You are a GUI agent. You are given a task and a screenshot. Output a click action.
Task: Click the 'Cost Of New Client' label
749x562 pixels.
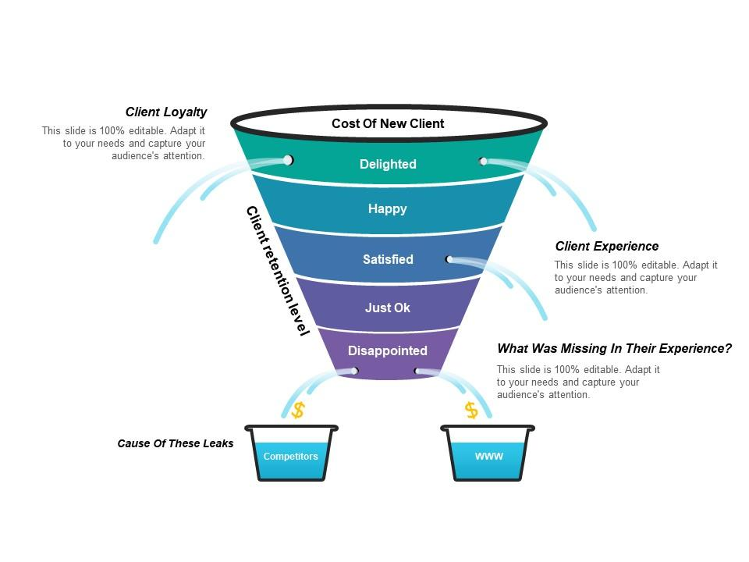tap(388, 123)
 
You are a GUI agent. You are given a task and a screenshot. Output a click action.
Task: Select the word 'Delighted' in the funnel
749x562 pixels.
tap(388, 164)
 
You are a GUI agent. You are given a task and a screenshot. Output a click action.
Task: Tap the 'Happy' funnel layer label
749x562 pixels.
tap(388, 209)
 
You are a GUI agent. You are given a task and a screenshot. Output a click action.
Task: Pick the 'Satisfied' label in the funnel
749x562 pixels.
tap(388, 259)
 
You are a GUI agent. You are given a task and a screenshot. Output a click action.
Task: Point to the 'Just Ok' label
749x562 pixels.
tap(388, 308)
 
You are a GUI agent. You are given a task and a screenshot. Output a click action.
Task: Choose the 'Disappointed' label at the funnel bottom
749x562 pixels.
tap(388, 350)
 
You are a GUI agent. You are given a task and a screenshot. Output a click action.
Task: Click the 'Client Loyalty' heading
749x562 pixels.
tap(165, 112)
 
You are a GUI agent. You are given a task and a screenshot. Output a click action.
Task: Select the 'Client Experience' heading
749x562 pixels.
tap(607, 246)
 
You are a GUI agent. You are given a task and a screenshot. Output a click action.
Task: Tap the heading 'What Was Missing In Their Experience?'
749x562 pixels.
tap(614, 348)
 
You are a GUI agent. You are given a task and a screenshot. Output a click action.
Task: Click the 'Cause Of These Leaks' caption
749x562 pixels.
tap(176, 443)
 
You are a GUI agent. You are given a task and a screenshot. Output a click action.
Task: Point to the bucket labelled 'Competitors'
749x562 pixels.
tap(291, 453)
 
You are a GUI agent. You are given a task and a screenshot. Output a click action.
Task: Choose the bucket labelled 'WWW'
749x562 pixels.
tap(488, 453)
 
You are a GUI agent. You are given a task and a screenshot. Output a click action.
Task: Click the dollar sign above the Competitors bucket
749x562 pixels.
tap(298, 410)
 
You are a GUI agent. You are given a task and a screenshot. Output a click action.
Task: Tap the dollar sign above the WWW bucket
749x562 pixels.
tap(471, 410)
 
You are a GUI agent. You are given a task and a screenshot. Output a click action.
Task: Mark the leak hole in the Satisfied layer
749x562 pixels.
tap(449, 259)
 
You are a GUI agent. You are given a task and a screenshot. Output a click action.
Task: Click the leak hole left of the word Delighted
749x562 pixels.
tap(288, 159)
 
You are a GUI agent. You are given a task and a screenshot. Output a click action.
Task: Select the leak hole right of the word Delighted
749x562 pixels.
tap(483, 161)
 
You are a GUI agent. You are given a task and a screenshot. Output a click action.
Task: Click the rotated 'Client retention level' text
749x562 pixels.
tap(278, 271)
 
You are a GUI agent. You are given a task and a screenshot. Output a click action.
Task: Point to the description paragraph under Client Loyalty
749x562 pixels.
tap(123, 143)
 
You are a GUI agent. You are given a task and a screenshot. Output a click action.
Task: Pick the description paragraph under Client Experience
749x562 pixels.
tap(636, 277)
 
